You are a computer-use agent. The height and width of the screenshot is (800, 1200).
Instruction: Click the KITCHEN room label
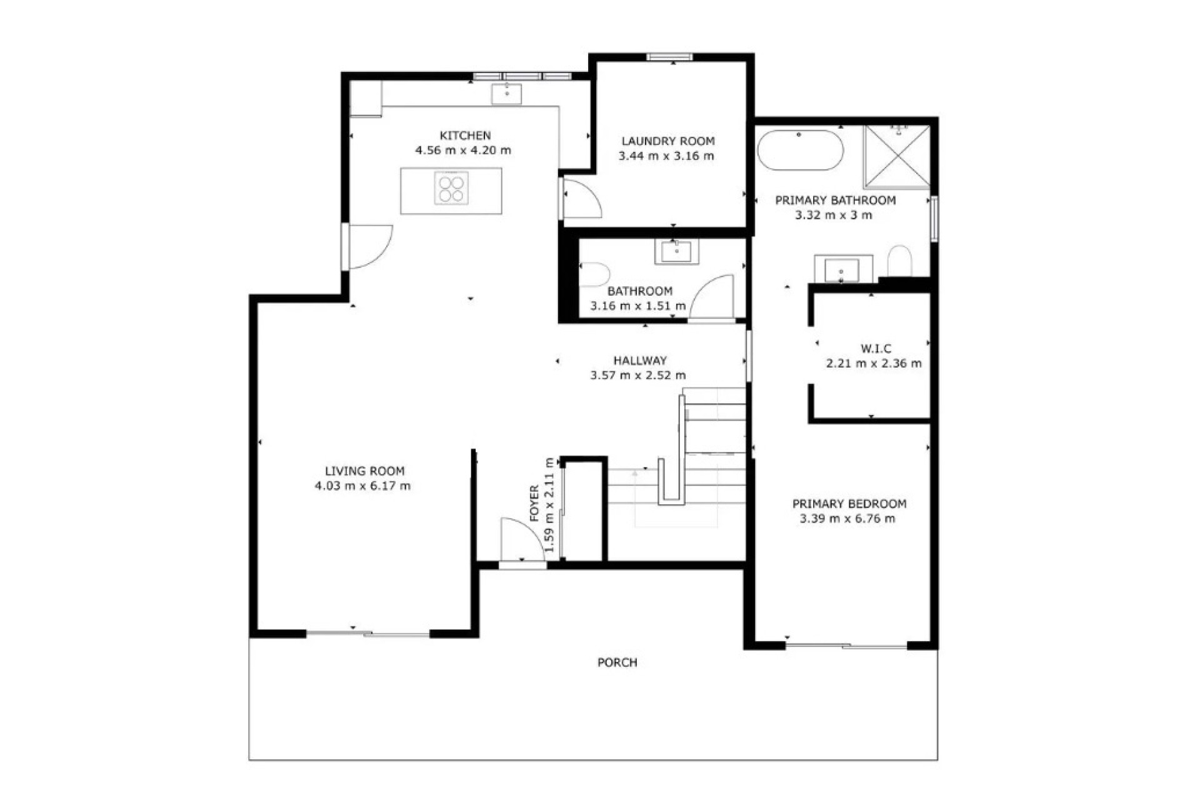(465, 136)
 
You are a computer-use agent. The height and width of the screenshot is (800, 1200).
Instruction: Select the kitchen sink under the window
(506, 94)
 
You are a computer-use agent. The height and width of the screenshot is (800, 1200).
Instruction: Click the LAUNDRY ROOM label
(668, 141)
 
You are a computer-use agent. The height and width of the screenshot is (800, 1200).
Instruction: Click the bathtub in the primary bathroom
(801, 150)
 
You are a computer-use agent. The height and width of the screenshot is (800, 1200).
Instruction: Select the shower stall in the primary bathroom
(897, 156)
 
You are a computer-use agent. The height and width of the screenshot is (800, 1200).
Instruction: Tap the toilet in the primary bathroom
(899, 261)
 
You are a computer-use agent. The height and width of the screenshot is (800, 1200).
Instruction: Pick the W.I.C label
(876, 349)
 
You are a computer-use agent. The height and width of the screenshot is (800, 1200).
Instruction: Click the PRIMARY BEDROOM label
(849, 504)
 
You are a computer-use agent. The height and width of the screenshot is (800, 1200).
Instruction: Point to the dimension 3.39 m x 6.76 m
(847, 519)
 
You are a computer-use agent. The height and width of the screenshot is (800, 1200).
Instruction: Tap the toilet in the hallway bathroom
(594, 274)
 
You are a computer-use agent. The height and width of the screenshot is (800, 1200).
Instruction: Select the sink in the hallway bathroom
(677, 252)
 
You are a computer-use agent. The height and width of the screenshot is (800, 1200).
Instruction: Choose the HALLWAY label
(640, 361)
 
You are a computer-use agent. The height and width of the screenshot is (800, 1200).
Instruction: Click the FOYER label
(534, 503)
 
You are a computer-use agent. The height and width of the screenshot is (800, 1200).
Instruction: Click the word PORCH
(617, 662)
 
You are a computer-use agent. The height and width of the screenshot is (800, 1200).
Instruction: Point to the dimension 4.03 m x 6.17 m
(362, 486)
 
